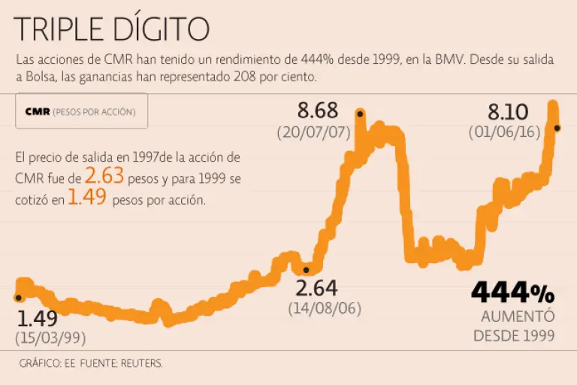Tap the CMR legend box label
click(80, 111)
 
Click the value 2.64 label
click(316, 288)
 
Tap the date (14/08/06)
click(325, 308)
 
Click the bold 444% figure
click(512, 293)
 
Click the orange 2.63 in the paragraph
click(103, 177)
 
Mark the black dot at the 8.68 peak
click(361, 114)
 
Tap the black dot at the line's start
click(17, 297)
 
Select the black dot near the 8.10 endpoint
click(557, 128)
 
